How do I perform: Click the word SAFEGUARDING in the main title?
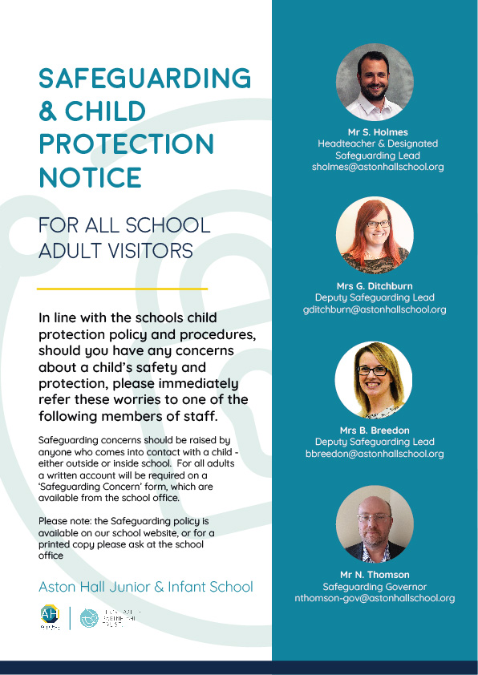click(144, 78)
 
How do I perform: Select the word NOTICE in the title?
click(90, 176)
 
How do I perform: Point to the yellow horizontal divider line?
click(123, 288)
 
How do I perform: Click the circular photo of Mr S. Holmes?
click(375, 83)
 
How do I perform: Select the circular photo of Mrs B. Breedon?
click(375, 380)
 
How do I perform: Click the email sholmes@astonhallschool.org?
click(378, 168)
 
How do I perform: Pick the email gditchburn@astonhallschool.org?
click(375, 309)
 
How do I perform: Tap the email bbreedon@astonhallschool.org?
click(375, 454)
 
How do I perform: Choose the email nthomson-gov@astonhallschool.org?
click(375, 598)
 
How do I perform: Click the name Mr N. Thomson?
click(375, 574)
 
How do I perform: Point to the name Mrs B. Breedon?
click(375, 430)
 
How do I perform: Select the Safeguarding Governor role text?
click(375, 586)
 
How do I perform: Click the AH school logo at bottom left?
click(50, 616)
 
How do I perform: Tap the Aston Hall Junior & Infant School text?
click(145, 587)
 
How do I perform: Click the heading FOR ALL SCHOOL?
click(124, 225)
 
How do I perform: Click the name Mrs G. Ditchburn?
click(375, 285)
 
